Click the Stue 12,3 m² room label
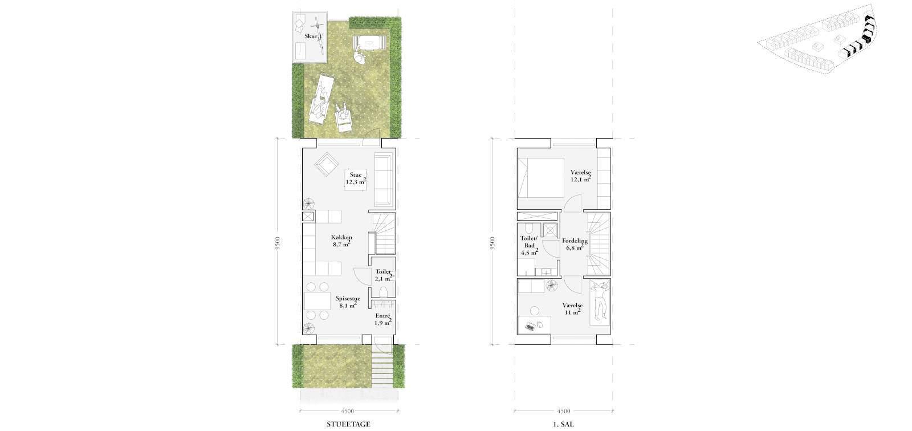pos(356,178)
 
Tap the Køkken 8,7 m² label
pos(341,241)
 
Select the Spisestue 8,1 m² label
pos(348,302)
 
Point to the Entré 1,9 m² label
pos(382,319)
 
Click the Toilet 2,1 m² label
pos(384,275)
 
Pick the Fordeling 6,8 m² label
pos(575,244)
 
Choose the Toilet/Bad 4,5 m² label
pos(530,245)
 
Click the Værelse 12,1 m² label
pos(581,176)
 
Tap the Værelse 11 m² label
pos(572,309)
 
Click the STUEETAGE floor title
pos(348,424)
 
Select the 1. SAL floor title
pos(564,424)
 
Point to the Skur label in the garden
pos(311,36)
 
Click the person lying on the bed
pos(600,302)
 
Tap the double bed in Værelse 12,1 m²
pos(540,178)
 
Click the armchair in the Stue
pos(326,164)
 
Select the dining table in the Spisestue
pos(317,301)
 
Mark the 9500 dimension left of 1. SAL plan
pos(492,243)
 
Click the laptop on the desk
pos(530,326)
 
